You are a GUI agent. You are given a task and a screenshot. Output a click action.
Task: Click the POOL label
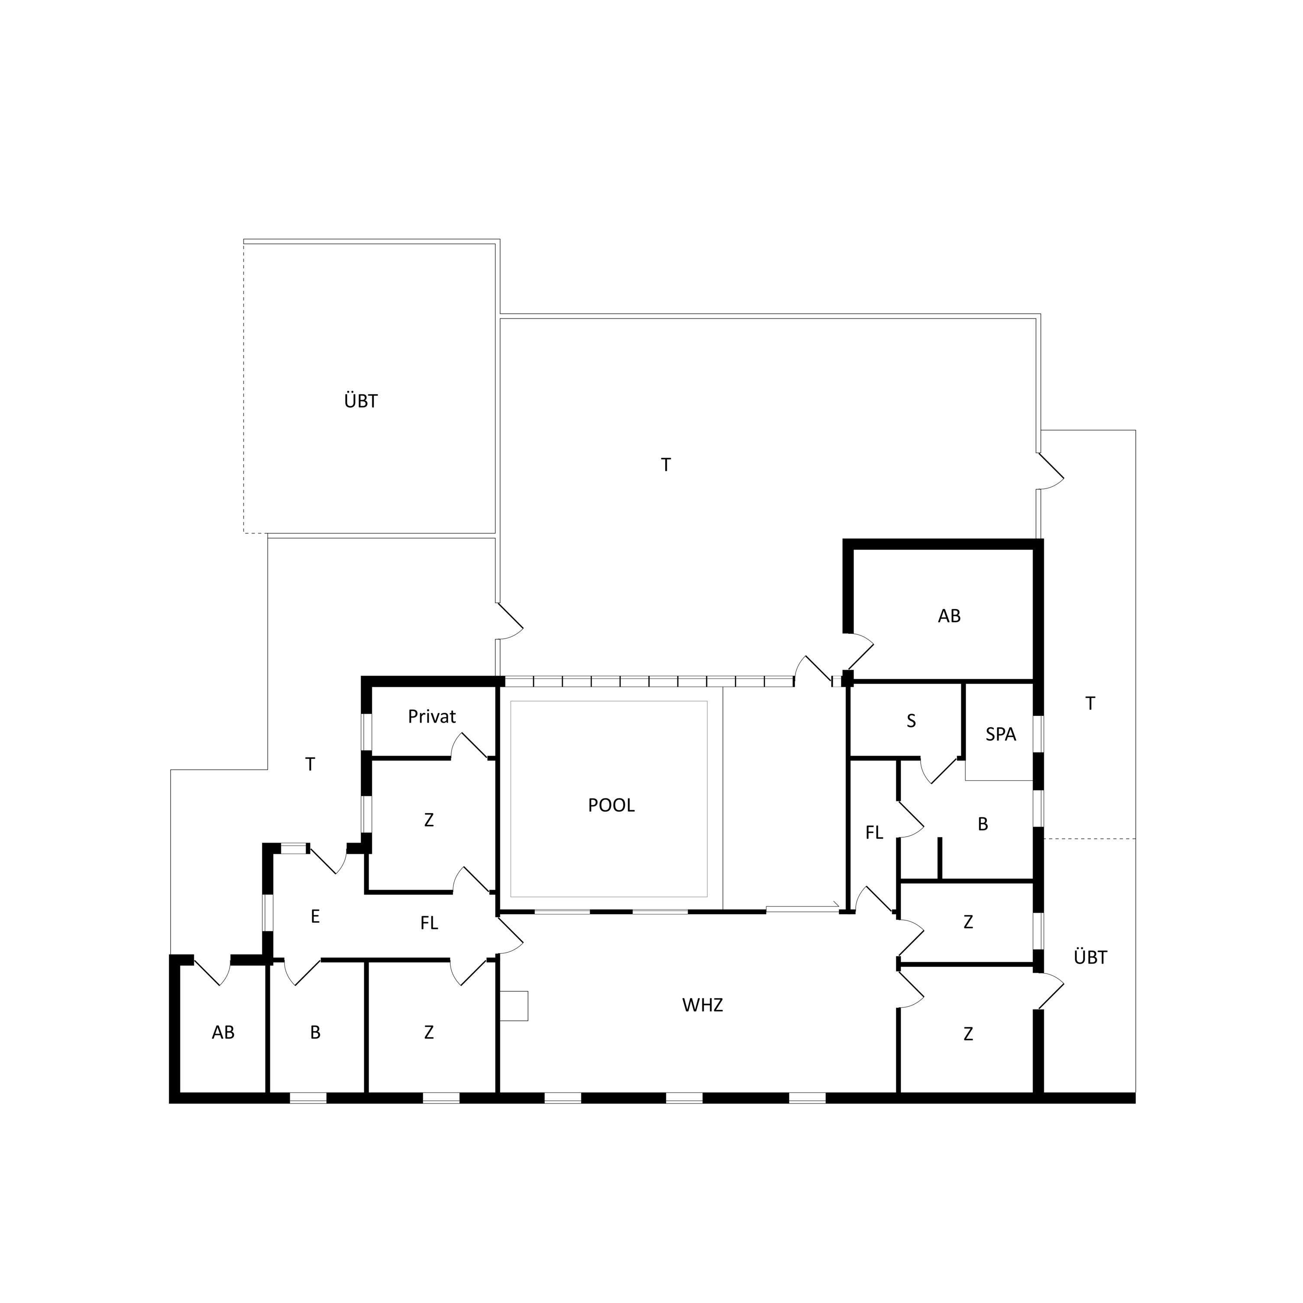611,805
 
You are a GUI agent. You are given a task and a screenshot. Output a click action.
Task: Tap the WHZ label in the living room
702,1005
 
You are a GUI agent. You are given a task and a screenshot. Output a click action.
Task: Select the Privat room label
432,716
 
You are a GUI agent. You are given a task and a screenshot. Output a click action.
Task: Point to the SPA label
1000,734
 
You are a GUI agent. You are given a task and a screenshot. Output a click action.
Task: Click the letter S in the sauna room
911,721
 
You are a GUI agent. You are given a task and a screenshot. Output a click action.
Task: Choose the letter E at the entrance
315,917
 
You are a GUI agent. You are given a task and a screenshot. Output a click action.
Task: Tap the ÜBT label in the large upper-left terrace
361,401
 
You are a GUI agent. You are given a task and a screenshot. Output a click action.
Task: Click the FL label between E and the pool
429,923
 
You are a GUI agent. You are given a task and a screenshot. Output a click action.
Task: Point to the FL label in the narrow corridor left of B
874,833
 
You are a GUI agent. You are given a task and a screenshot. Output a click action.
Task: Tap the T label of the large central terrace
666,465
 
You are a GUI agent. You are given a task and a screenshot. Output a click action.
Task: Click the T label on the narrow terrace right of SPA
1090,703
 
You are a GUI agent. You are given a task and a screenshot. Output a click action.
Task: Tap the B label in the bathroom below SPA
983,824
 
